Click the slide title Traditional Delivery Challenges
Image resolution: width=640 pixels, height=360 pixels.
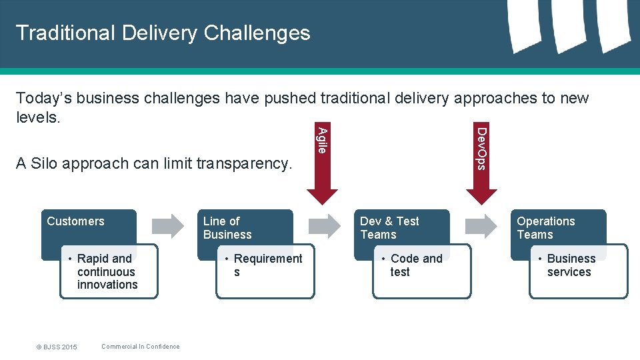click(163, 33)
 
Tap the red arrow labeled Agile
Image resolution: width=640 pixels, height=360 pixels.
click(322, 167)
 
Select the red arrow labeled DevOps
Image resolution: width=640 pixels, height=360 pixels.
click(481, 167)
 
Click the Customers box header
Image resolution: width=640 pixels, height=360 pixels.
click(76, 221)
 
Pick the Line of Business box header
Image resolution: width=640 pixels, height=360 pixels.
click(227, 228)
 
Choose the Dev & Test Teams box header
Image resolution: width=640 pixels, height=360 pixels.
click(389, 228)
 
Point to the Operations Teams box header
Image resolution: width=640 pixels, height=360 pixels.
click(545, 228)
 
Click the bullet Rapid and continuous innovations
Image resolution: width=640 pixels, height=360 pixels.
click(107, 272)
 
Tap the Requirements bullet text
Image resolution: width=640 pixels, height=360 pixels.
click(267, 265)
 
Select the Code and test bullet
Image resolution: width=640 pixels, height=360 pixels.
click(415, 265)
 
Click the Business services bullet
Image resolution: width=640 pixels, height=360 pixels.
click(570, 265)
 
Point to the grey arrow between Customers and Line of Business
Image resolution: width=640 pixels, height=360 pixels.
click(167, 226)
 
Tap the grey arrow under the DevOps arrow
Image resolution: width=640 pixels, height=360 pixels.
click(481, 226)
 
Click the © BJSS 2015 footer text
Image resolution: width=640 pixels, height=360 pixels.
click(57, 347)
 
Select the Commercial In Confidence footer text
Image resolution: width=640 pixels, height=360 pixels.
click(140, 346)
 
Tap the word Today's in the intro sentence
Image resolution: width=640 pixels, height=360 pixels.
click(44, 98)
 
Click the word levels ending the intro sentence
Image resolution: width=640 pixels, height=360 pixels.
click(37, 117)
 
